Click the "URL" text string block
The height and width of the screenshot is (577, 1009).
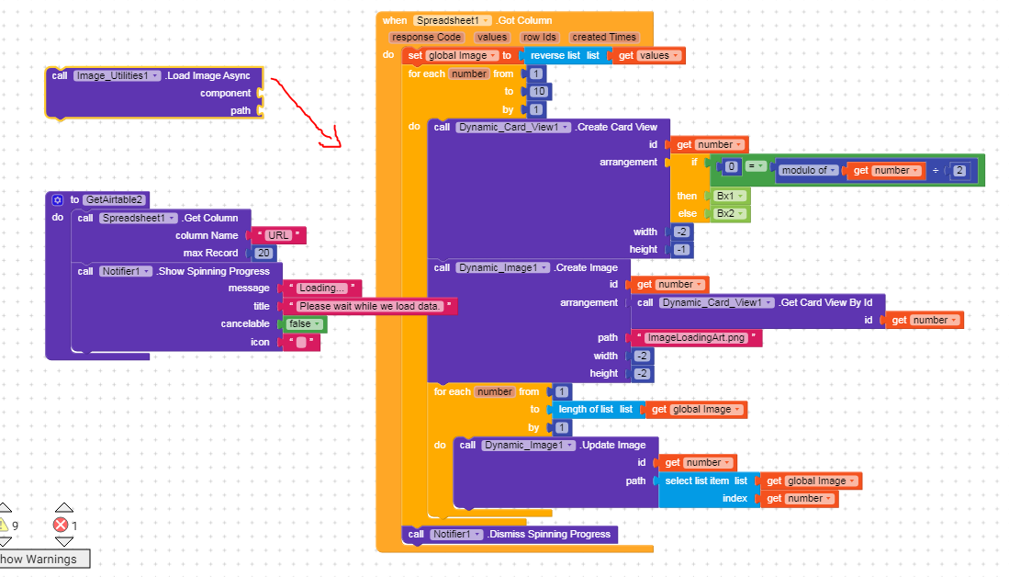[x=278, y=235]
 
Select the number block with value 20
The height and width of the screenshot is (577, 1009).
[x=263, y=253]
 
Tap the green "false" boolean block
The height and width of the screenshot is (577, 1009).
[x=303, y=323]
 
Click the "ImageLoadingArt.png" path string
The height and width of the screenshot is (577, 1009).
[x=696, y=337]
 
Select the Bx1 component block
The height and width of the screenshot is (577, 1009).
[x=725, y=196]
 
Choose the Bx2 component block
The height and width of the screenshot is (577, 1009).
[x=725, y=214]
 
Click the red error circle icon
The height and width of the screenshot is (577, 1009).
[x=61, y=525]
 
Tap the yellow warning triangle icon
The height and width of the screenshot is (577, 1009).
[x=4, y=525]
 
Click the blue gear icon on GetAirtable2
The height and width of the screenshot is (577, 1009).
[x=57, y=199]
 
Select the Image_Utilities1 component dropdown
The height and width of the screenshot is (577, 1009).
[x=117, y=75]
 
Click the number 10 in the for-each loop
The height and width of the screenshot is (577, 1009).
[x=538, y=91]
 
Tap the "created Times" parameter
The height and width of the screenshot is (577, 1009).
[x=603, y=37]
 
